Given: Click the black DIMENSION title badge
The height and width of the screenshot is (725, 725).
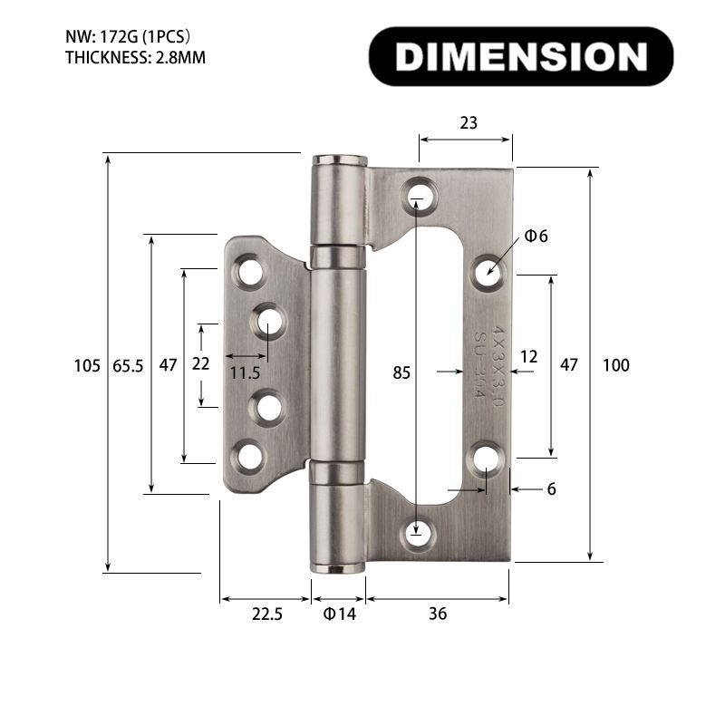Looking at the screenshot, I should [x=521, y=56].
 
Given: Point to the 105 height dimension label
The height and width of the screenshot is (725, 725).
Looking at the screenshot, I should [x=86, y=366].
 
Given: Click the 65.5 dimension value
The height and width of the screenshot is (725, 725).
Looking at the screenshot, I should [x=128, y=366].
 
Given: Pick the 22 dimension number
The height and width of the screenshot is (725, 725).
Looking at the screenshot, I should [x=200, y=364].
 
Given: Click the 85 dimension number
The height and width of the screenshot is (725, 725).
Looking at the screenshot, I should [x=401, y=372].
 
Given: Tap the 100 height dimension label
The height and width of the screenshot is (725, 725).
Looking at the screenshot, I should [x=615, y=366].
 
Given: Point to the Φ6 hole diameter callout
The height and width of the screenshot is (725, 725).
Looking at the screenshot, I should [x=536, y=237].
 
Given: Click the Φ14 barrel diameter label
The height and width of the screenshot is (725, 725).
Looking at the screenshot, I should [x=340, y=614].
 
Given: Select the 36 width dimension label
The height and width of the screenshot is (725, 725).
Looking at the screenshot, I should [x=437, y=614].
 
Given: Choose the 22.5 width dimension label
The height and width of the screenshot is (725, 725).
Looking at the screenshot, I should [x=267, y=614].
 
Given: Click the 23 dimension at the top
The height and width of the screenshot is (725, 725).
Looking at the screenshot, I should [x=468, y=123].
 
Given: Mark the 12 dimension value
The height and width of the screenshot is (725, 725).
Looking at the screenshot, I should [x=529, y=357].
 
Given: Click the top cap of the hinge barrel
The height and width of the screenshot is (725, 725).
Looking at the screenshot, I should [x=340, y=162].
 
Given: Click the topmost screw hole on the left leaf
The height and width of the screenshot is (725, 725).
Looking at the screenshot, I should [x=247, y=271].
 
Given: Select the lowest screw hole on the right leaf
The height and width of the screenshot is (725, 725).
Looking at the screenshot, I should [x=417, y=536].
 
